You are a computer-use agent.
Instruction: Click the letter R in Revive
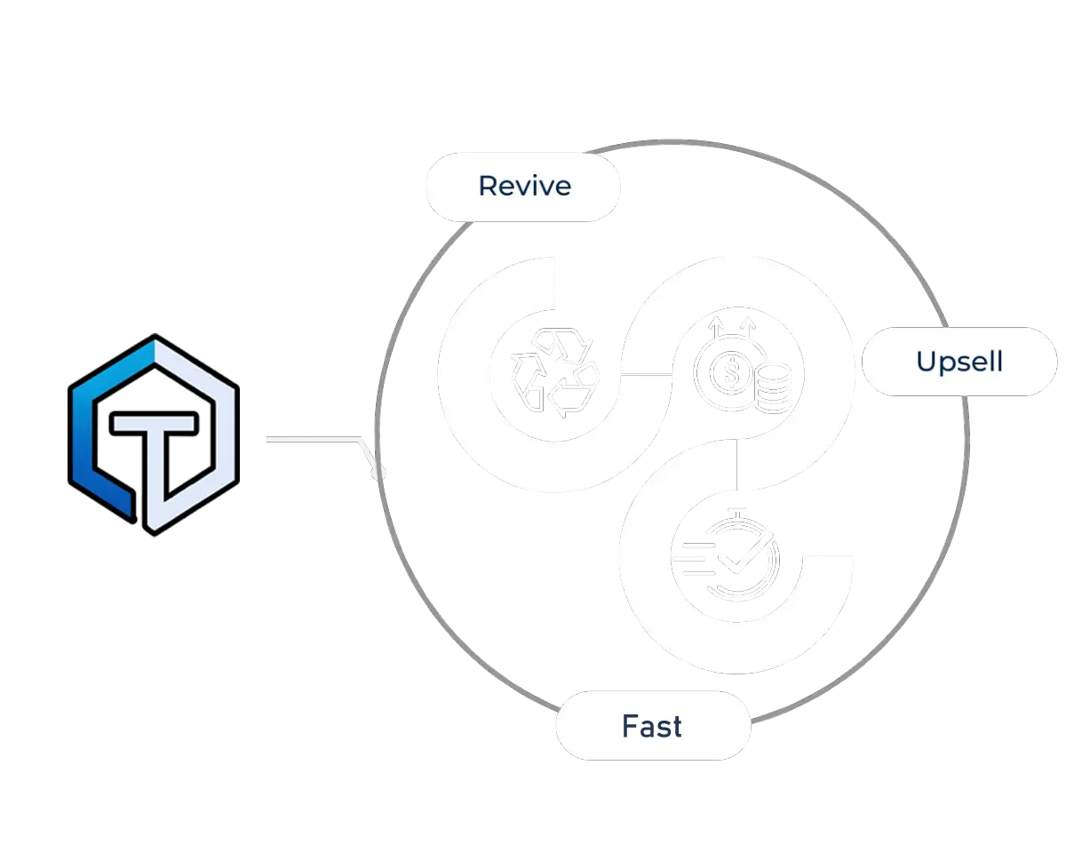(x=487, y=186)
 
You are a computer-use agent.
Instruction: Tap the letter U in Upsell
(x=926, y=363)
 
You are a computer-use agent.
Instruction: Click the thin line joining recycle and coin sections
(x=646, y=374)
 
